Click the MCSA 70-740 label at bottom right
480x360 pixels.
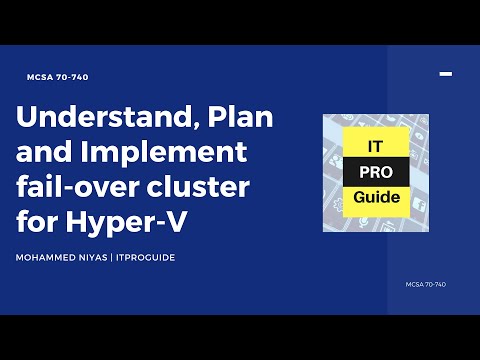(426, 284)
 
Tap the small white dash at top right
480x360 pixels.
(446, 73)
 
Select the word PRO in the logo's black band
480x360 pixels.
(376, 172)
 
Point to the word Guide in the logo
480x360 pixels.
(376, 197)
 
